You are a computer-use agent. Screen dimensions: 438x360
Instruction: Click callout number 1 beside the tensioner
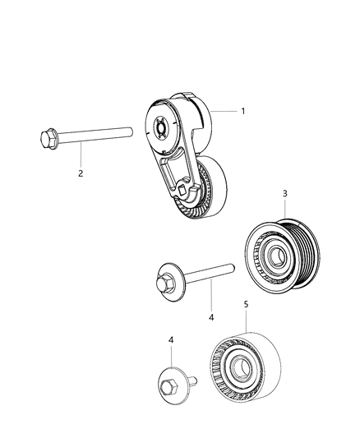[242, 109]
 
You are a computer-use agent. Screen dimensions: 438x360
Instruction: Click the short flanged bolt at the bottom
[175, 384]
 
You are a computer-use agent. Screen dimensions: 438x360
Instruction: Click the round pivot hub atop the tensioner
[161, 127]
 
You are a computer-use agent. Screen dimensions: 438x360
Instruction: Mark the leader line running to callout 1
[223, 109]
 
